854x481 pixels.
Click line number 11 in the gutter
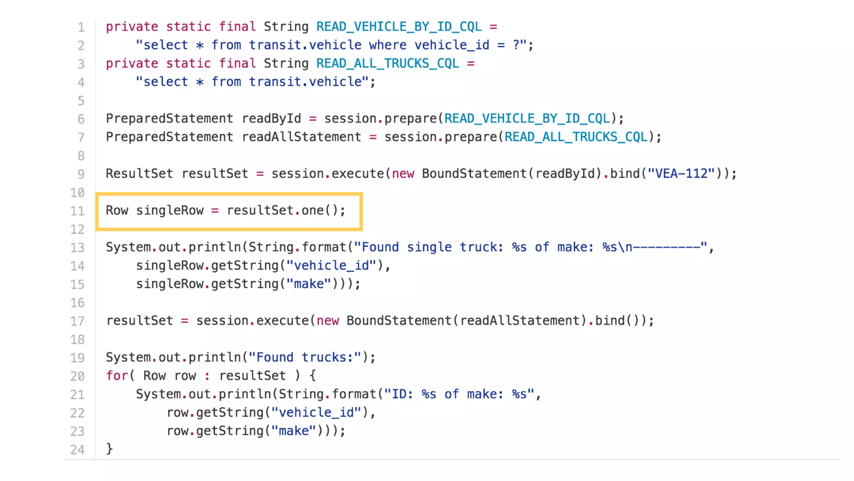point(78,211)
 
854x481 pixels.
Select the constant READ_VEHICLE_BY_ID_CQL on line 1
point(399,27)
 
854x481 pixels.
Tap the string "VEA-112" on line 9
point(681,174)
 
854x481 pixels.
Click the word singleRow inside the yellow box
point(170,210)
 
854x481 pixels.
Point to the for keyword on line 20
point(117,376)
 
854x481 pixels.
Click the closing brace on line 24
point(109,449)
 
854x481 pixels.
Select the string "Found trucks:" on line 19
point(305,357)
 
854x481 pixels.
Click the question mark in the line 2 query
point(516,45)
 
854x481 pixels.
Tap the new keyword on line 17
point(328,321)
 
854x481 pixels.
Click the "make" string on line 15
point(309,284)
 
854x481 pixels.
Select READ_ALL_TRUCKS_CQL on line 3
point(387,63)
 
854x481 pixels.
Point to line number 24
point(78,450)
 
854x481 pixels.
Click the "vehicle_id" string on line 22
point(316,413)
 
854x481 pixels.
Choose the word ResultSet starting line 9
point(139,174)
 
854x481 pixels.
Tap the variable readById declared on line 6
point(271,119)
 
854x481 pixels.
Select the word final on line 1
point(237,27)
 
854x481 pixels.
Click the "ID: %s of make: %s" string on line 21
point(459,394)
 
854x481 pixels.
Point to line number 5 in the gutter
point(81,101)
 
